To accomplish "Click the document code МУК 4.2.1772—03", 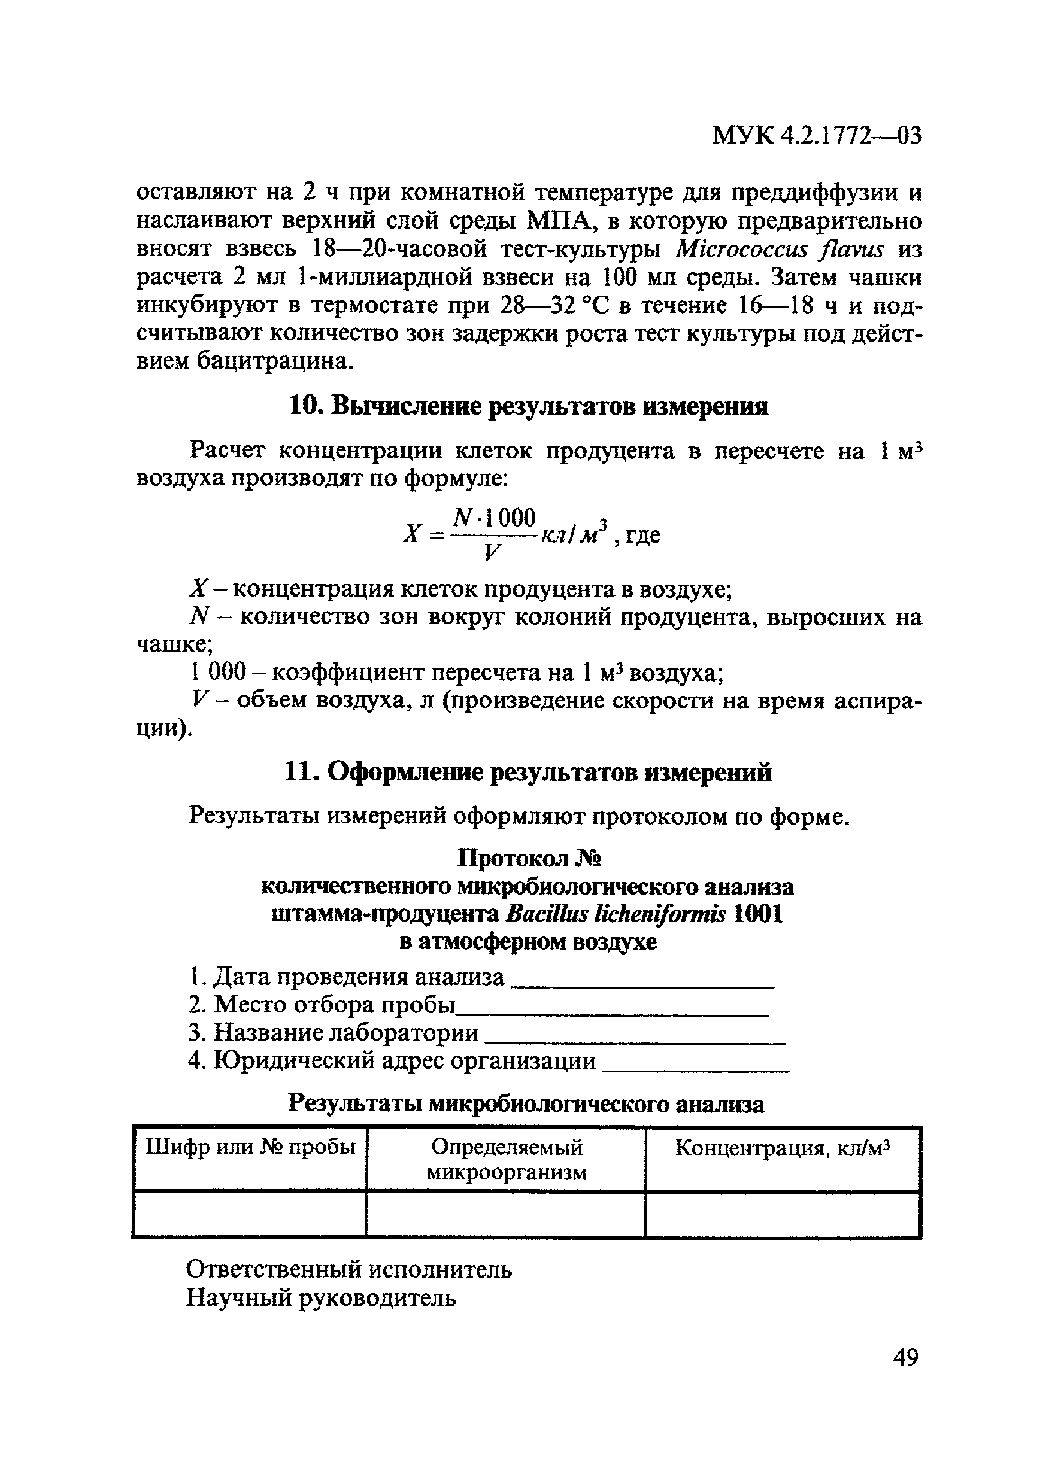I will pyautogui.click(x=817, y=136).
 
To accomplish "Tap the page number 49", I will pyautogui.click(x=905, y=1357).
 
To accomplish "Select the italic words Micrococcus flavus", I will pyautogui.click(x=780, y=250).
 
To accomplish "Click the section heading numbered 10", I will pyautogui.click(x=529, y=407).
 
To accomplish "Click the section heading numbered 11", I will pyautogui.click(x=529, y=773).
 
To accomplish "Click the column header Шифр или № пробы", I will pyautogui.click(x=250, y=1147).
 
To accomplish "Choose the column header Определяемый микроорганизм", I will pyautogui.click(x=507, y=1159).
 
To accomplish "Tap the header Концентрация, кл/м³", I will pyautogui.click(x=783, y=1147).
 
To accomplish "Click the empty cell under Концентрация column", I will pyautogui.click(x=783, y=1214).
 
